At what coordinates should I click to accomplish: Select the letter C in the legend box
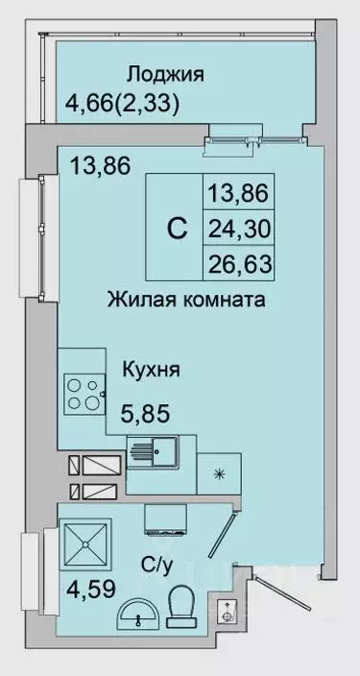(x=177, y=229)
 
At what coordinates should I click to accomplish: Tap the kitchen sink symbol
(x=153, y=451)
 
